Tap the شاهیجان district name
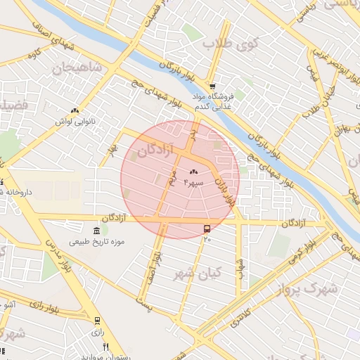coord(77,67)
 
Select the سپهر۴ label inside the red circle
coord(193,181)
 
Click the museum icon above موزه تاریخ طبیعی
coord(96,230)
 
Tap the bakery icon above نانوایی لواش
coord(75,110)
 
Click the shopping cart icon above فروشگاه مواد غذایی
coord(212,86)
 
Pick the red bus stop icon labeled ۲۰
coord(207,229)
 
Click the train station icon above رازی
coord(97,320)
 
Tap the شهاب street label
coord(240,267)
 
